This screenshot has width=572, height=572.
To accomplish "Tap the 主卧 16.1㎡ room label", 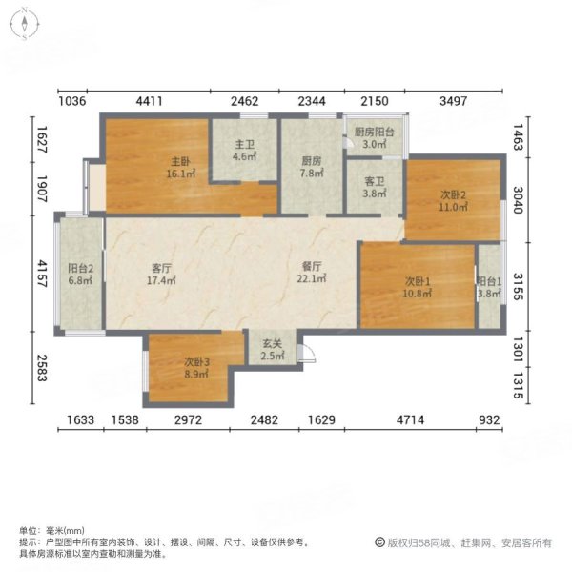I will click(x=177, y=168).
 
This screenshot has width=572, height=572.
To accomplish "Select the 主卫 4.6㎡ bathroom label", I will click(x=244, y=152).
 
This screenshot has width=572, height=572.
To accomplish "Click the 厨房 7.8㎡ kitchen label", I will click(x=311, y=168).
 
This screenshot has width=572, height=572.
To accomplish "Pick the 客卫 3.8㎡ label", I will click(x=375, y=186).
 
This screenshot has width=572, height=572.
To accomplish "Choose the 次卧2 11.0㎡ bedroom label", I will click(x=453, y=199).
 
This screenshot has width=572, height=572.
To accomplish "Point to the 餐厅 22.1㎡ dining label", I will click(x=313, y=273).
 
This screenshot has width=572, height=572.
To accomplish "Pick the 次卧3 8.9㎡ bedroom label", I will click(x=195, y=368).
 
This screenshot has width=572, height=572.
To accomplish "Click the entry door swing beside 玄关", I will click(x=305, y=355).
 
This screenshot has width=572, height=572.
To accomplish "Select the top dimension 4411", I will click(x=156, y=100).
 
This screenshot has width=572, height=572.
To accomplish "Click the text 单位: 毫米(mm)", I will click(x=51, y=531).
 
